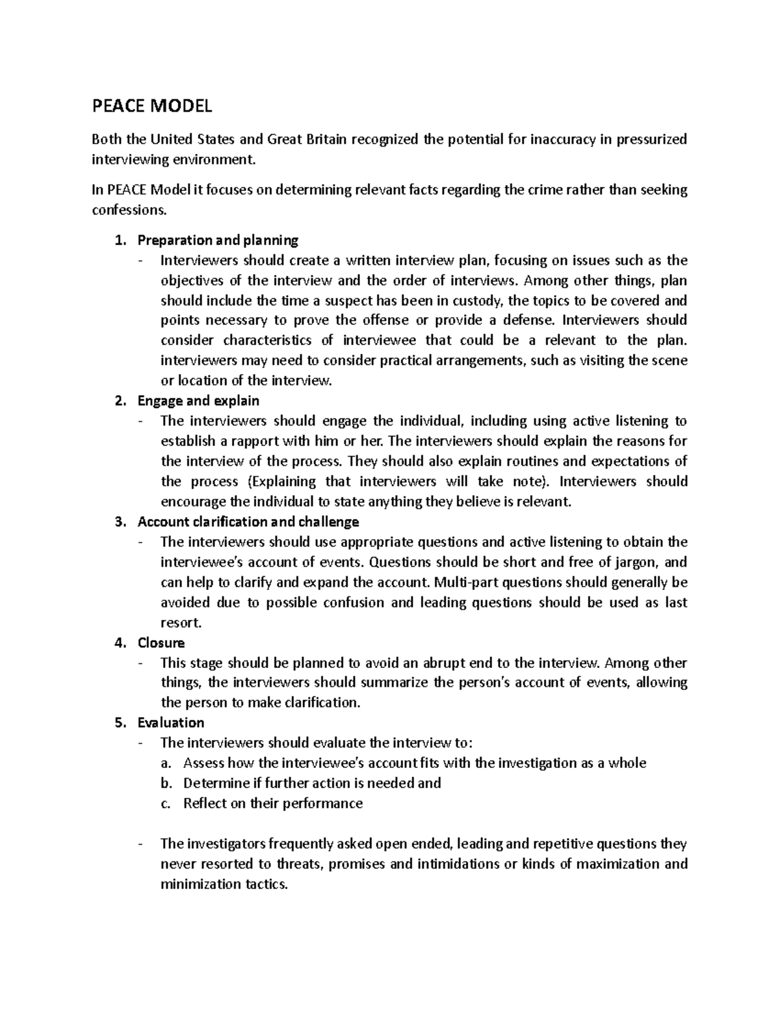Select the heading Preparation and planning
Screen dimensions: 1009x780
click(218, 240)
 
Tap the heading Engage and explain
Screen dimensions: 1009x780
click(198, 401)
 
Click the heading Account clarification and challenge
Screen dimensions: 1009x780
click(248, 522)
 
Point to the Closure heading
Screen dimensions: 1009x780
click(161, 643)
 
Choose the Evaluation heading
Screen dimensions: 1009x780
click(171, 722)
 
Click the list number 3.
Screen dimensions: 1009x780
click(118, 522)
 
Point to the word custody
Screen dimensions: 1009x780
click(479, 301)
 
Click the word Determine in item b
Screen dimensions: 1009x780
click(216, 783)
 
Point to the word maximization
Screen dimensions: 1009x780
click(620, 864)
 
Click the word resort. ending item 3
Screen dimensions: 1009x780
click(181, 622)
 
